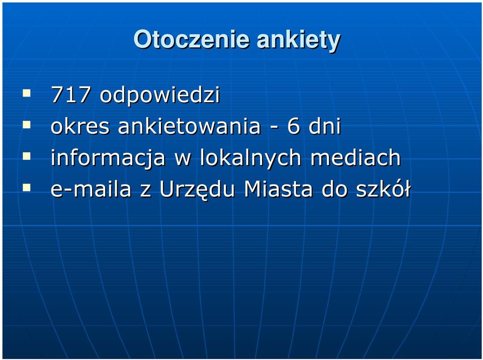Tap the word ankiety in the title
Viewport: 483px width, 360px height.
[298, 41]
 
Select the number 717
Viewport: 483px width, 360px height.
[70, 95]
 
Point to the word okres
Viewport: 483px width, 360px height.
[80, 126]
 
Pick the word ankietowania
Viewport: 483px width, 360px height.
[189, 126]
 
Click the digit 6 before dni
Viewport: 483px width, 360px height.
[293, 126]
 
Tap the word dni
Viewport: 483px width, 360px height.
[325, 126]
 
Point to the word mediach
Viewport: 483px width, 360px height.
[355, 158]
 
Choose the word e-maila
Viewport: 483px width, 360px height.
[91, 189]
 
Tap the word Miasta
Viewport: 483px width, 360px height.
[278, 189]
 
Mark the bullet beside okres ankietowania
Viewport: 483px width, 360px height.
[27, 125]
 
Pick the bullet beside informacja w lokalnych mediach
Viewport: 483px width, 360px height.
[27, 156]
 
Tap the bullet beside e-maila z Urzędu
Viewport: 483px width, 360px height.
[27, 188]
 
